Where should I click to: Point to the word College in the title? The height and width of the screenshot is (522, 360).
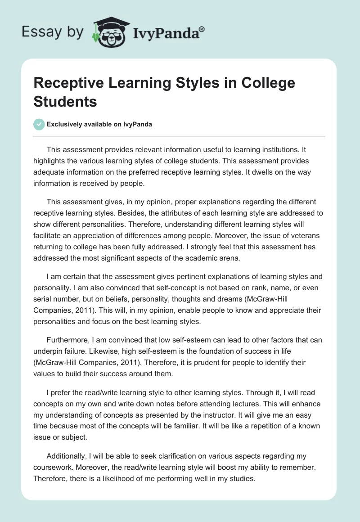tap(268, 83)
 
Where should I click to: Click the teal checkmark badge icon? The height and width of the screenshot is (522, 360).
tap(39, 124)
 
